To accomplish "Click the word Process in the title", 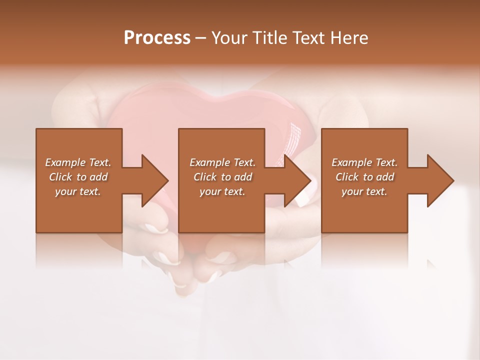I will tap(157, 38).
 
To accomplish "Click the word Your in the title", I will tap(229, 38).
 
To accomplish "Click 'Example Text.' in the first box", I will tap(78, 162).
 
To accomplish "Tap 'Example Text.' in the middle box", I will tap(222, 162).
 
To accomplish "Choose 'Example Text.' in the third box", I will tap(364, 162).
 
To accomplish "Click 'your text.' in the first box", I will tap(78, 191).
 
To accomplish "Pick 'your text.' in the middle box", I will tap(222, 191).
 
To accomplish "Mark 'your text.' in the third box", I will tap(364, 191).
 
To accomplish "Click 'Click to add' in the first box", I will tap(78, 177).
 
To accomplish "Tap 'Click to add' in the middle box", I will tap(222, 177).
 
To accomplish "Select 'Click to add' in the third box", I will tap(364, 177).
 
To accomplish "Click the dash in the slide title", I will tap(200, 38).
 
